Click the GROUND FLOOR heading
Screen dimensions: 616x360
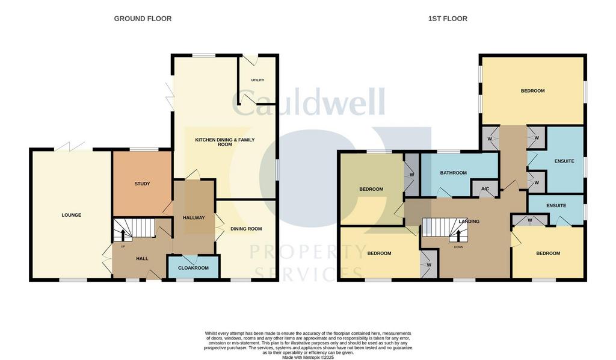[x=143, y=19]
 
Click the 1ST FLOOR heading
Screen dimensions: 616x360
[x=448, y=19]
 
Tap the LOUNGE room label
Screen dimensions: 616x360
[x=72, y=215]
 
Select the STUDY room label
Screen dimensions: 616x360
[x=142, y=184]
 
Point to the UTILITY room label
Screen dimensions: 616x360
[x=257, y=80]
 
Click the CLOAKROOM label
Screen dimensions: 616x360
[x=193, y=268]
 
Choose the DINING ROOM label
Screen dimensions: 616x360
[x=246, y=229]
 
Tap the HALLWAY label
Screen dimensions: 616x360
[x=194, y=217]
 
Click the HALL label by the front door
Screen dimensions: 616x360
[x=142, y=259]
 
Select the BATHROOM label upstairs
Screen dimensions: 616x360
[x=454, y=173]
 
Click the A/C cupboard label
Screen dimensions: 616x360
[x=485, y=189]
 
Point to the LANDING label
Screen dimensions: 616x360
[x=469, y=222]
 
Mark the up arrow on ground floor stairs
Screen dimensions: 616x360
[x=123, y=235]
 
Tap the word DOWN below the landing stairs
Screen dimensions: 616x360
[x=458, y=247]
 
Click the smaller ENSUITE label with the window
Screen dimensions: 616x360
[x=556, y=205]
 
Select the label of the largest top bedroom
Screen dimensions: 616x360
[x=533, y=91]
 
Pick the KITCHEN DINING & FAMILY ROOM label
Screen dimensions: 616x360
[x=225, y=142]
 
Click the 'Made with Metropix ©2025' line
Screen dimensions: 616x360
[x=308, y=358]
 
